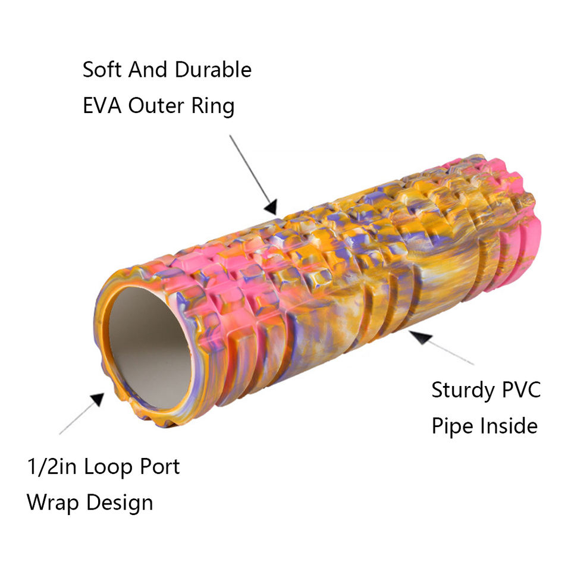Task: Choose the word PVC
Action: tap(520, 390)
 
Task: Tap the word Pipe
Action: tap(450, 426)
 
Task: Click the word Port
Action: tap(159, 467)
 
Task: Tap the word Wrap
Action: tap(52, 503)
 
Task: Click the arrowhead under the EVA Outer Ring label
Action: tap(270, 207)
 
